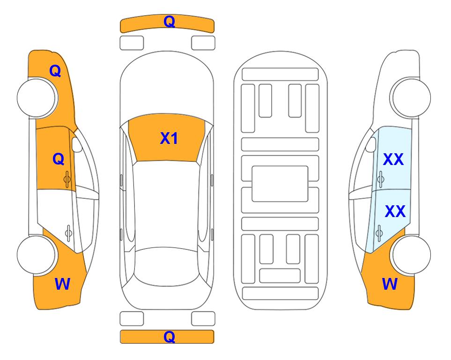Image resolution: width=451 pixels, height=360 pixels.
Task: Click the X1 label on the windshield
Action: [x=169, y=138]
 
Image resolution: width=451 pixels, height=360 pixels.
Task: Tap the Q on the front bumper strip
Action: [x=169, y=22]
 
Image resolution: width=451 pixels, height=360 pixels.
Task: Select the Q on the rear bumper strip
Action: [x=169, y=337]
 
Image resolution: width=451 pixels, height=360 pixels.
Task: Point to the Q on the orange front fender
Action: [x=55, y=71]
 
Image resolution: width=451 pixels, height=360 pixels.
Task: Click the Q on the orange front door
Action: [x=59, y=159]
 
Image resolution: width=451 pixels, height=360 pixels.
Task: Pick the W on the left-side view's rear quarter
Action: [x=62, y=284]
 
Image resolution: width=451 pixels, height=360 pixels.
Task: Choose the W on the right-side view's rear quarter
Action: [x=390, y=284]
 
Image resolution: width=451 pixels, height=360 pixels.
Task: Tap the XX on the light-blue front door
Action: [x=393, y=159]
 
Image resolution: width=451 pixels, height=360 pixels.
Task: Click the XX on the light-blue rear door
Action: [x=395, y=211]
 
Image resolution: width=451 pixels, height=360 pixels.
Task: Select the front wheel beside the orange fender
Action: [x=37, y=98]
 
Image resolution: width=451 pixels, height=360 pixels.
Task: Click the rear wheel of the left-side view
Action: [x=37, y=255]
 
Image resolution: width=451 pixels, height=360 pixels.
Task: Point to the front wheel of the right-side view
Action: [x=410, y=97]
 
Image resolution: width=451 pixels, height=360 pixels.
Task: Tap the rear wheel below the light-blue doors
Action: [x=411, y=255]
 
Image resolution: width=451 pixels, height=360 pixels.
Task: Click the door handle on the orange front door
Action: [x=67, y=179]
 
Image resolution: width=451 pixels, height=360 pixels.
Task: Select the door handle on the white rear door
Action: [x=68, y=232]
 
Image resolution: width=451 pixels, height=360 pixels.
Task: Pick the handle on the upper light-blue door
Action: [x=380, y=179]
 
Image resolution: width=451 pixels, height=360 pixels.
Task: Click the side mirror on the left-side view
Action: [x=77, y=144]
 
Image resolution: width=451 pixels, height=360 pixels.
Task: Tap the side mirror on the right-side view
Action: [x=371, y=144]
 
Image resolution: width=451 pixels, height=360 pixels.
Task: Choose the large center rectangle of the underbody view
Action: [x=280, y=184]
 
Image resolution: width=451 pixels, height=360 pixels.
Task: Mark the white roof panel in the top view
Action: [x=166, y=204]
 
